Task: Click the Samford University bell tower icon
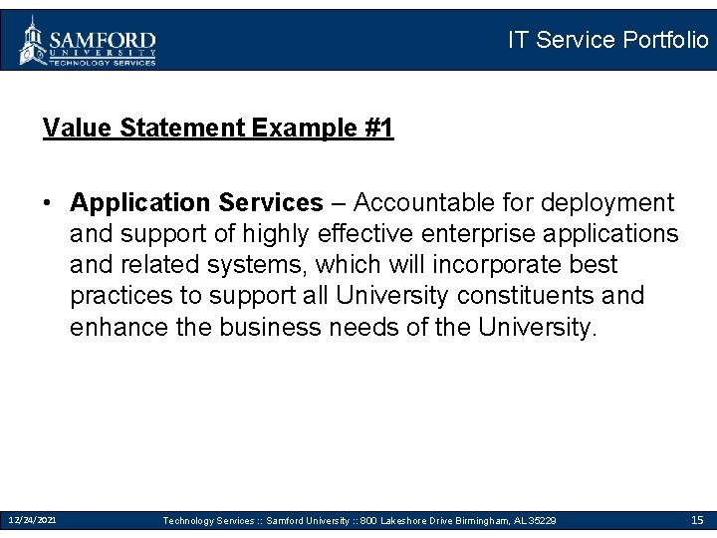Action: pos(33,40)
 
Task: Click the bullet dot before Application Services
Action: pos(47,203)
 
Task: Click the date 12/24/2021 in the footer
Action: pos(32,520)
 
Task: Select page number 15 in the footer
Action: pos(697,520)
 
